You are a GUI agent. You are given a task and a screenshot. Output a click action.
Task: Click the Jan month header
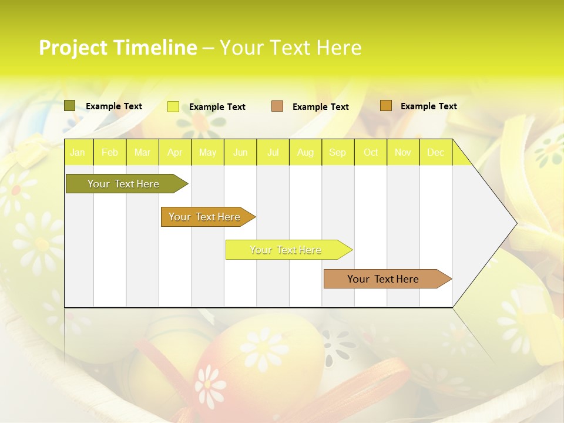click(x=78, y=152)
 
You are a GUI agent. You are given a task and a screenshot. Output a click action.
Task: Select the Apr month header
click(x=174, y=152)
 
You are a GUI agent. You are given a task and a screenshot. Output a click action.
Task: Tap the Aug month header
click(x=305, y=152)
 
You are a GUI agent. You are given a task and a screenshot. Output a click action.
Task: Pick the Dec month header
click(x=435, y=152)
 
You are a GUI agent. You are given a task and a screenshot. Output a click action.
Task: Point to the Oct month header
click(x=371, y=152)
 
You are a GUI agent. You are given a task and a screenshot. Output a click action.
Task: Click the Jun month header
click(x=240, y=152)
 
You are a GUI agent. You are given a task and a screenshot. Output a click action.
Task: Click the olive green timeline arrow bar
click(x=123, y=184)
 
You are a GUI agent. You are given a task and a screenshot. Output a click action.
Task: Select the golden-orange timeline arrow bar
click(x=204, y=217)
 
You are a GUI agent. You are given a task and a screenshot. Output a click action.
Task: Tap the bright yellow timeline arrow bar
click(x=286, y=250)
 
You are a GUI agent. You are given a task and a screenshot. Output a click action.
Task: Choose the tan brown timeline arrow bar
click(x=383, y=279)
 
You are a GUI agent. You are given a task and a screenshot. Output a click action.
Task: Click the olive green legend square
click(x=69, y=106)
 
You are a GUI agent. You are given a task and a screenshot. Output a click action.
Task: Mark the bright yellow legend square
click(x=173, y=106)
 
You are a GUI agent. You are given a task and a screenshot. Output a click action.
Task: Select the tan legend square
click(x=277, y=106)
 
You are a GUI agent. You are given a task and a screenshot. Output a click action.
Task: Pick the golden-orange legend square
click(x=385, y=106)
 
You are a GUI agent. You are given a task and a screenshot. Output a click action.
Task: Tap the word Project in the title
click(x=73, y=48)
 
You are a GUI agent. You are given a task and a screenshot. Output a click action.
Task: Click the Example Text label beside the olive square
click(x=113, y=106)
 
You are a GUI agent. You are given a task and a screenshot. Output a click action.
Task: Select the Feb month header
click(x=110, y=152)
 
